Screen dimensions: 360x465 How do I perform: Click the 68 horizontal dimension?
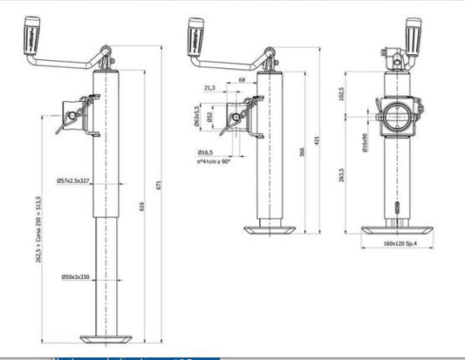[x=240, y=80]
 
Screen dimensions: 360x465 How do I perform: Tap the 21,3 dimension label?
[x=209, y=88]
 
